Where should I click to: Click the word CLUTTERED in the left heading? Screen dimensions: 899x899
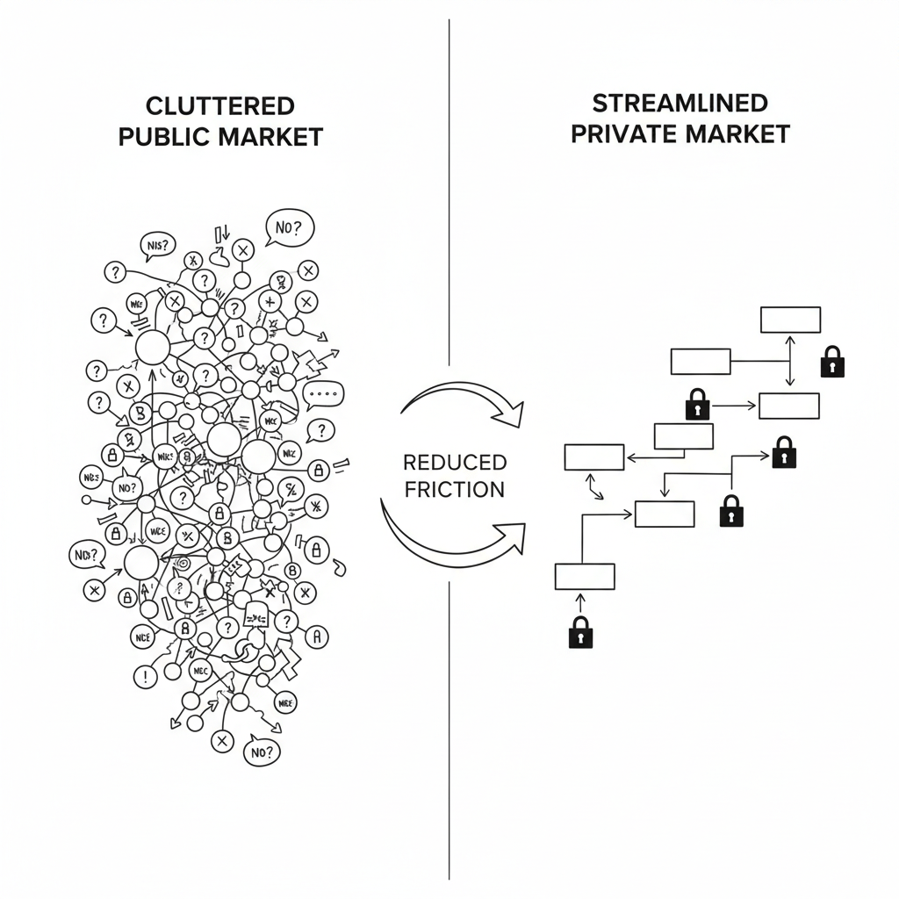[219, 106]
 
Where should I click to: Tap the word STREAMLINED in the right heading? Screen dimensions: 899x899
[680, 102]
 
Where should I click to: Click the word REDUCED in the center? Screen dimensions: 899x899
[454, 463]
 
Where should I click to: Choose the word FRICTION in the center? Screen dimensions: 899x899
[454, 489]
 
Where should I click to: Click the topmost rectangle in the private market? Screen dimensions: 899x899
[790, 320]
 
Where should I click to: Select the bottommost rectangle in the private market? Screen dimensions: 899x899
[585, 576]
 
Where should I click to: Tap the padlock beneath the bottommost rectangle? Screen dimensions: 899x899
[580, 631]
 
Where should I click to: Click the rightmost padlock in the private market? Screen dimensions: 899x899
[832, 361]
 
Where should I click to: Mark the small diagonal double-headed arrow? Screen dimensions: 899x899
[595, 487]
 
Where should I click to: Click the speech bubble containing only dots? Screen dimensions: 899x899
[323, 395]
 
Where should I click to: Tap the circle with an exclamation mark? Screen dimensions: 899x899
[144, 676]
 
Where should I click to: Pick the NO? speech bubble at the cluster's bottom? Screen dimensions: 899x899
[263, 752]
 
